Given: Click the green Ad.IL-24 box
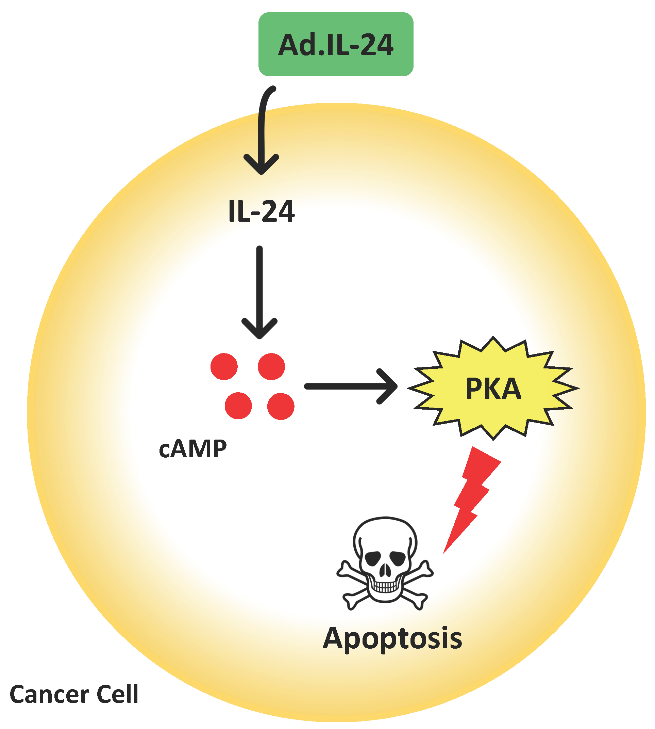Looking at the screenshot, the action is pos(335,44).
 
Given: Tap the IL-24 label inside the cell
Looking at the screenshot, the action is pos(262,211).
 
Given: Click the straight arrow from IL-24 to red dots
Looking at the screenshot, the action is pos(259,288).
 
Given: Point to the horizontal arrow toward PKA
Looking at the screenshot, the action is pos(346,387).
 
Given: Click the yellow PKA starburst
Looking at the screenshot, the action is pos(493,389).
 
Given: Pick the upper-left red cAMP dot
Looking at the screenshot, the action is pos(224,366).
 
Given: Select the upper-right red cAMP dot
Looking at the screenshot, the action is pos(271,366).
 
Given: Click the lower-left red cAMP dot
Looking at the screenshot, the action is pos(238,406).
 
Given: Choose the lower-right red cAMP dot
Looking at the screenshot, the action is pos(281,406).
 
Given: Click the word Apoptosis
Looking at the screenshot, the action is pos(392,638).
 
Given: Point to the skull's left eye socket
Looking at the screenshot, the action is pos(373,558).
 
